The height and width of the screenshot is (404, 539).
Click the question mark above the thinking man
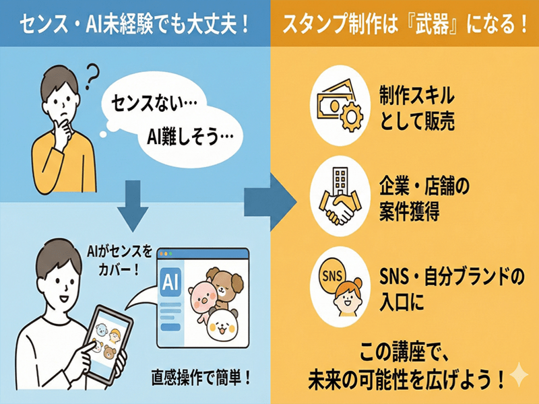(92, 77)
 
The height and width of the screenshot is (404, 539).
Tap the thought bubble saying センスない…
(151, 102)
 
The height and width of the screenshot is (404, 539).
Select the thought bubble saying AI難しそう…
(190, 137)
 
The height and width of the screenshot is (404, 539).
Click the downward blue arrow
(133, 205)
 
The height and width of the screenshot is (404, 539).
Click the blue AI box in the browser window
(171, 282)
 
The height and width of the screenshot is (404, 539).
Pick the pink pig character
(202, 298)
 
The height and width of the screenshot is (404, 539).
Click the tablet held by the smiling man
(107, 343)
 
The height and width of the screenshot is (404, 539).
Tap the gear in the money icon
(350, 116)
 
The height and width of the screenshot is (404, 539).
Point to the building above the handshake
(341, 181)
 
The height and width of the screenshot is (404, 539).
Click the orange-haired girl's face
(348, 300)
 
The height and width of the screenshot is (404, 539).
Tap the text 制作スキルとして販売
(416, 108)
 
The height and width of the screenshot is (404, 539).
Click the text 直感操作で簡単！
(201, 378)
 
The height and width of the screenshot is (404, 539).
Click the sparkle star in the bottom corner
(518, 374)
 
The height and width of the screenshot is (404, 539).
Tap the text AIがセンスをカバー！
(119, 261)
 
